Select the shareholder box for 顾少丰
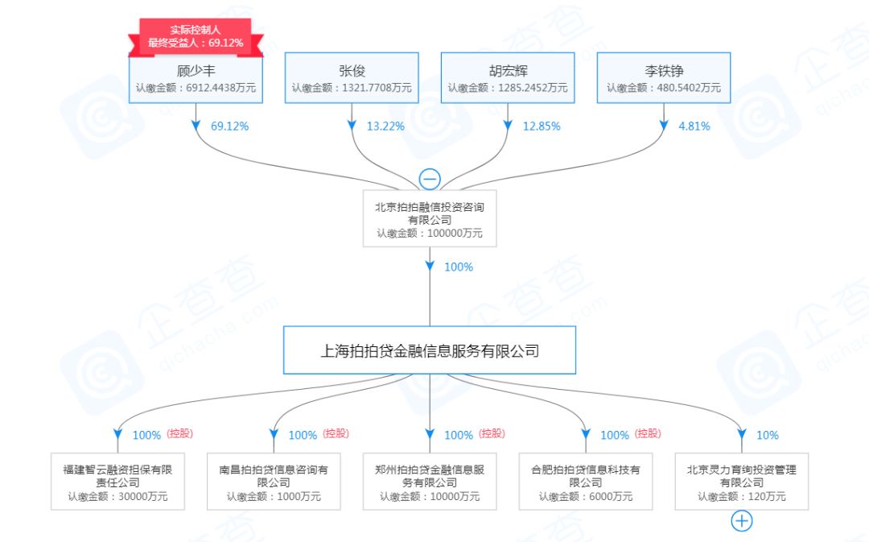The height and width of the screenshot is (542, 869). (x=196, y=78)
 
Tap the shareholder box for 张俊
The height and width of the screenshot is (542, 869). (x=352, y=78)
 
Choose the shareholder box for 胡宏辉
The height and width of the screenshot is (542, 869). (x=508, y=78)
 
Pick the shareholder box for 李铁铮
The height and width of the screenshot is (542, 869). (x=664, y=78)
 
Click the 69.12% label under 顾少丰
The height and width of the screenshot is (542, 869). (x=229, y=126)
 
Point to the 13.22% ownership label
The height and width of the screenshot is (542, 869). (x=386, y=126)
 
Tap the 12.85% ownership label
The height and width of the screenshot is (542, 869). (x=542, y=126)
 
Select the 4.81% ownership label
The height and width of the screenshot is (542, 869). (x=695, y=126)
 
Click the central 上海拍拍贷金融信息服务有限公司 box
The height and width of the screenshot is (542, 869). (x=430, y=350)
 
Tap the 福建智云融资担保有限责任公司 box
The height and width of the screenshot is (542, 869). (x=117, y=482)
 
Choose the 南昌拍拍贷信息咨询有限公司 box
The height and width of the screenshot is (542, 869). (x=274, y=482)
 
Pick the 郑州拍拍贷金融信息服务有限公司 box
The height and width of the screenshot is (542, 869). (x=430, y=482)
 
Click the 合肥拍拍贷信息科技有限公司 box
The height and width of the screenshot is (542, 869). (x=586, y=482)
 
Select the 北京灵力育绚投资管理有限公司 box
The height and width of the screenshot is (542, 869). (x=742, y=482)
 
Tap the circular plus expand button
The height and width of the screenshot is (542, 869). (x=741, y=522)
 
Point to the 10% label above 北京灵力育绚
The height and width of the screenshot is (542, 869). (x=768, y=435)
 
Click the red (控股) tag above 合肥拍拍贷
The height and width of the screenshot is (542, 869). (x=647, y=433)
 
